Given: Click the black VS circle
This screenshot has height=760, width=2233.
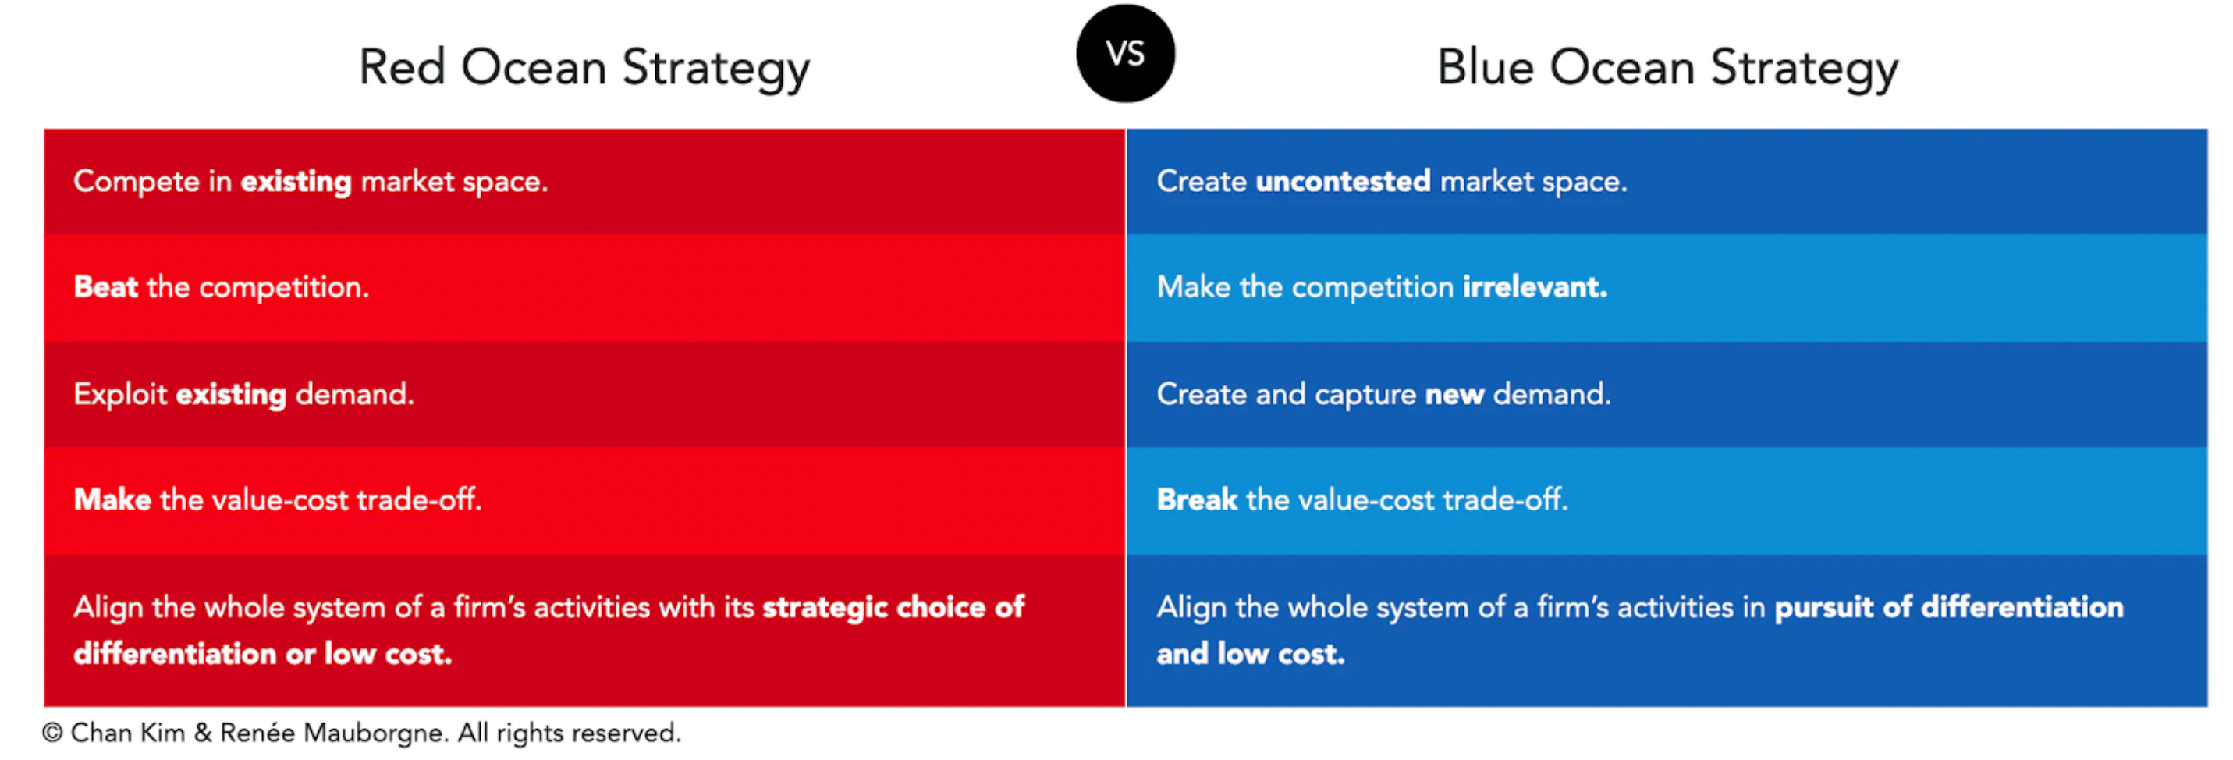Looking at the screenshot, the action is (x=1125, y=54).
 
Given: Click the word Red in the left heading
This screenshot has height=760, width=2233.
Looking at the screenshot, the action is (x=403, y=68).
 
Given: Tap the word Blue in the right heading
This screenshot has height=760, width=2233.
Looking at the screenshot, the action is (x=1486, y=68).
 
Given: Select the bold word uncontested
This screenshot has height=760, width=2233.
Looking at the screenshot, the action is (x=1343, y=181).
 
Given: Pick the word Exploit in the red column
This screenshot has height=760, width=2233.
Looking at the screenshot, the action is (x=119, y=394).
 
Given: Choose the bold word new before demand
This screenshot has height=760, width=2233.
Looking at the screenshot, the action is (x=1454, y=395).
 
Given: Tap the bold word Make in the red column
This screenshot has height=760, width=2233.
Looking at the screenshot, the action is (x=112, y=500).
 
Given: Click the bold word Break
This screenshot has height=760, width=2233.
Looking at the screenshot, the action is (x=1197, y=500).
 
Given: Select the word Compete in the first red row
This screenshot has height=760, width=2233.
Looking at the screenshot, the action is (x=136, y=182).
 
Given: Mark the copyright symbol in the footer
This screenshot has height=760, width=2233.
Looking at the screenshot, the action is (x=52, y=733).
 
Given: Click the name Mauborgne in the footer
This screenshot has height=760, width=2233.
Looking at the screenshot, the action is (x=375, y=734).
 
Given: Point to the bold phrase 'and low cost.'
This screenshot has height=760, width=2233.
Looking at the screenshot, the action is (x=1250, y=653).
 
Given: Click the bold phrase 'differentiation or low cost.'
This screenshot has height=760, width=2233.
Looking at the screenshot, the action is (x=263, y=653).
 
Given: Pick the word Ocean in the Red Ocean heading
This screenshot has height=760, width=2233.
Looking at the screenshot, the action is (x=533, y=68).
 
